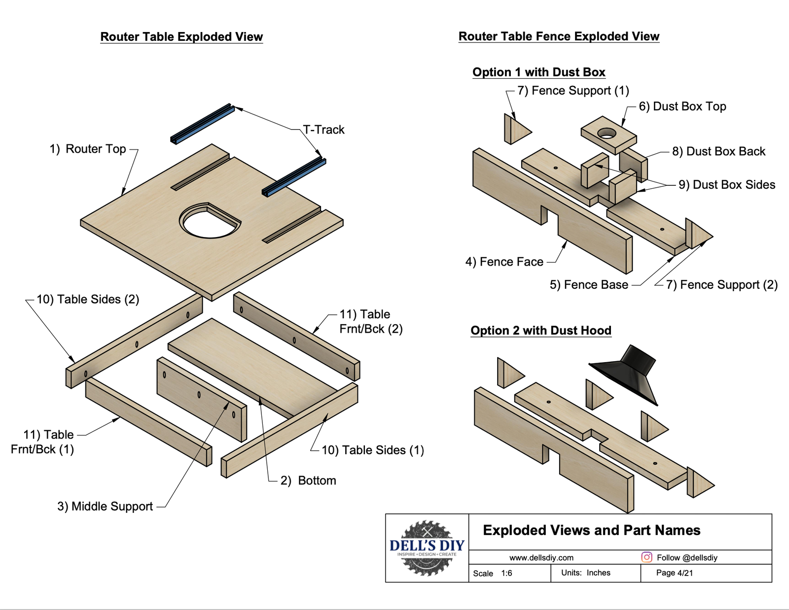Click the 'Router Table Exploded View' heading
click(x=181, y=37)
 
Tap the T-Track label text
click(x=323, y=130)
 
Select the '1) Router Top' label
click(x=88, y=149)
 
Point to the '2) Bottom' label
click(x=308, y=480)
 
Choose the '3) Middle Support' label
click(x=105, y=507)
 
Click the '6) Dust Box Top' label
click(x=682, y=106)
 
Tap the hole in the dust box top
click(x=607, y=133)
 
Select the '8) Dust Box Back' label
click(x=718, y=151)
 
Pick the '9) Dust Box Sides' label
click(x=727, y=185)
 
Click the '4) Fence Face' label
click(x=504, y=262)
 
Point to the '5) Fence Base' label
click(x=589, y=285)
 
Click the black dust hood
click(x=629, y=372)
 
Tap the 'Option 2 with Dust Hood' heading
click(x=541, y=331)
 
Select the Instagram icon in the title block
click(x=646, y=557)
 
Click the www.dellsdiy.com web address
click(x=541, y=558)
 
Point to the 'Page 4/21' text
click(x=674, y=573)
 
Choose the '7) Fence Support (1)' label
click(x=573, y=91)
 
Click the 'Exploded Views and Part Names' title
click(x=592, y=530)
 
